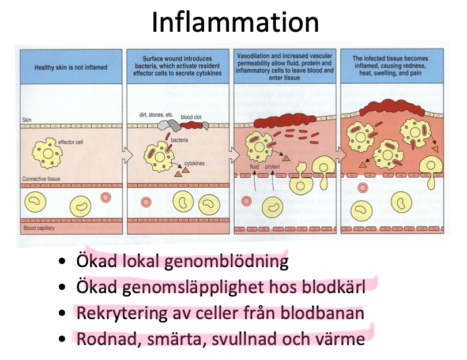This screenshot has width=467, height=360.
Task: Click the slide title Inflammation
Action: pos(235,22)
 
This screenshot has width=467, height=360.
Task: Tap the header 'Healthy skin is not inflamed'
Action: pos(71,67)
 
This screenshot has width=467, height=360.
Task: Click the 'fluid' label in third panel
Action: pos(254,168)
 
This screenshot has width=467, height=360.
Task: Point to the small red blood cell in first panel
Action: pos(106,198)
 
